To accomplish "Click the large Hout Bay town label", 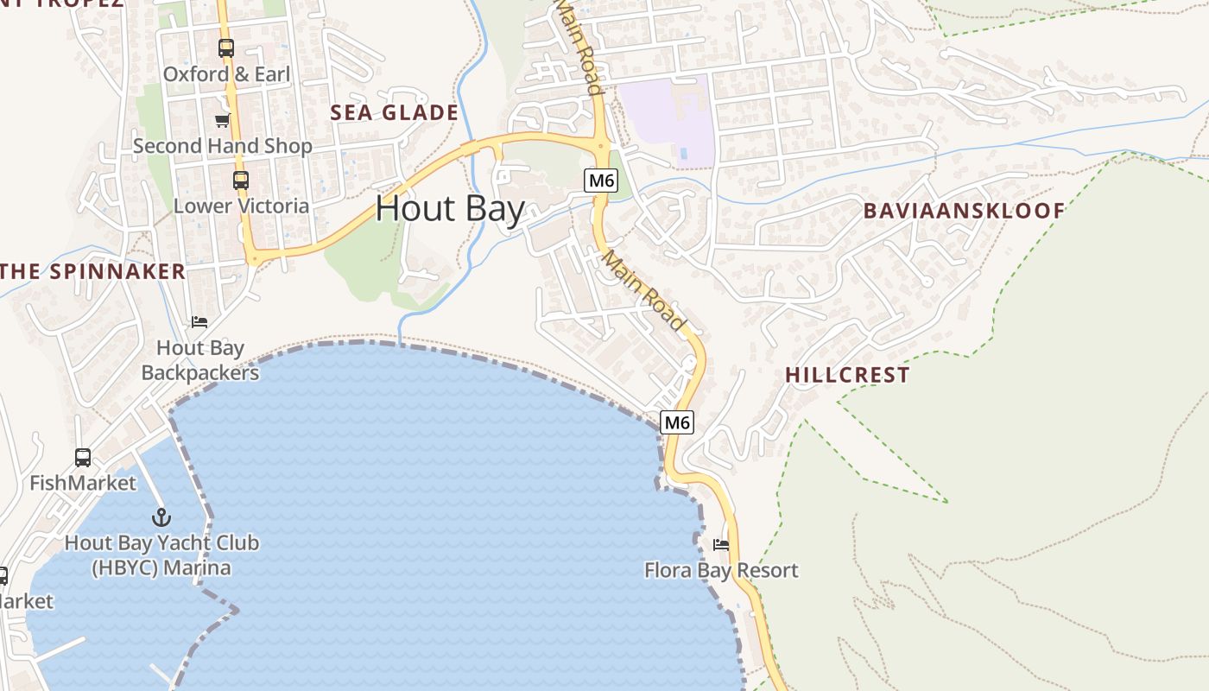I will (x=450, y=209).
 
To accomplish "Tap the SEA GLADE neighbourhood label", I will (x=395, y=112).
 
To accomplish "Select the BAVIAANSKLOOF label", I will (x=964, y=210).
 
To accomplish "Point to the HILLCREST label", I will (x=847, y=375).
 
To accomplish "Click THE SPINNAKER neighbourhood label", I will (x=93, y=271).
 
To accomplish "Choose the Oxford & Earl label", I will (x=226, y=74).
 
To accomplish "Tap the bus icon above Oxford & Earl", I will (x=226, y=48).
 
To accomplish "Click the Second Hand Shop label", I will (x=222, y=146).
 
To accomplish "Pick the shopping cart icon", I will (x=222, y=120).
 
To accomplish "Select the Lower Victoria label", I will (x=241, y=206).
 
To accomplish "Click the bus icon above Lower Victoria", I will (x=241, y=181).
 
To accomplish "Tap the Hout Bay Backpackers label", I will (x=200, y=360).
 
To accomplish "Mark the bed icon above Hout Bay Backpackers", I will (x=199, y=322).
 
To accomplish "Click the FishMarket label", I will (x=83, y=483).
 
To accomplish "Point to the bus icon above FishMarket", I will (x=83, y=458).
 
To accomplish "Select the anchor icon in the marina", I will (x=161, y=517).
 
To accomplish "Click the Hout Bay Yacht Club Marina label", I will (x=161, y=555).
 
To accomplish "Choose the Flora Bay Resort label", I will (x=721, y=570).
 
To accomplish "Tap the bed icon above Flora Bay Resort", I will (x=721, y=545).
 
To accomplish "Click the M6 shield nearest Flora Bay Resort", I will (x=677, y=422).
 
